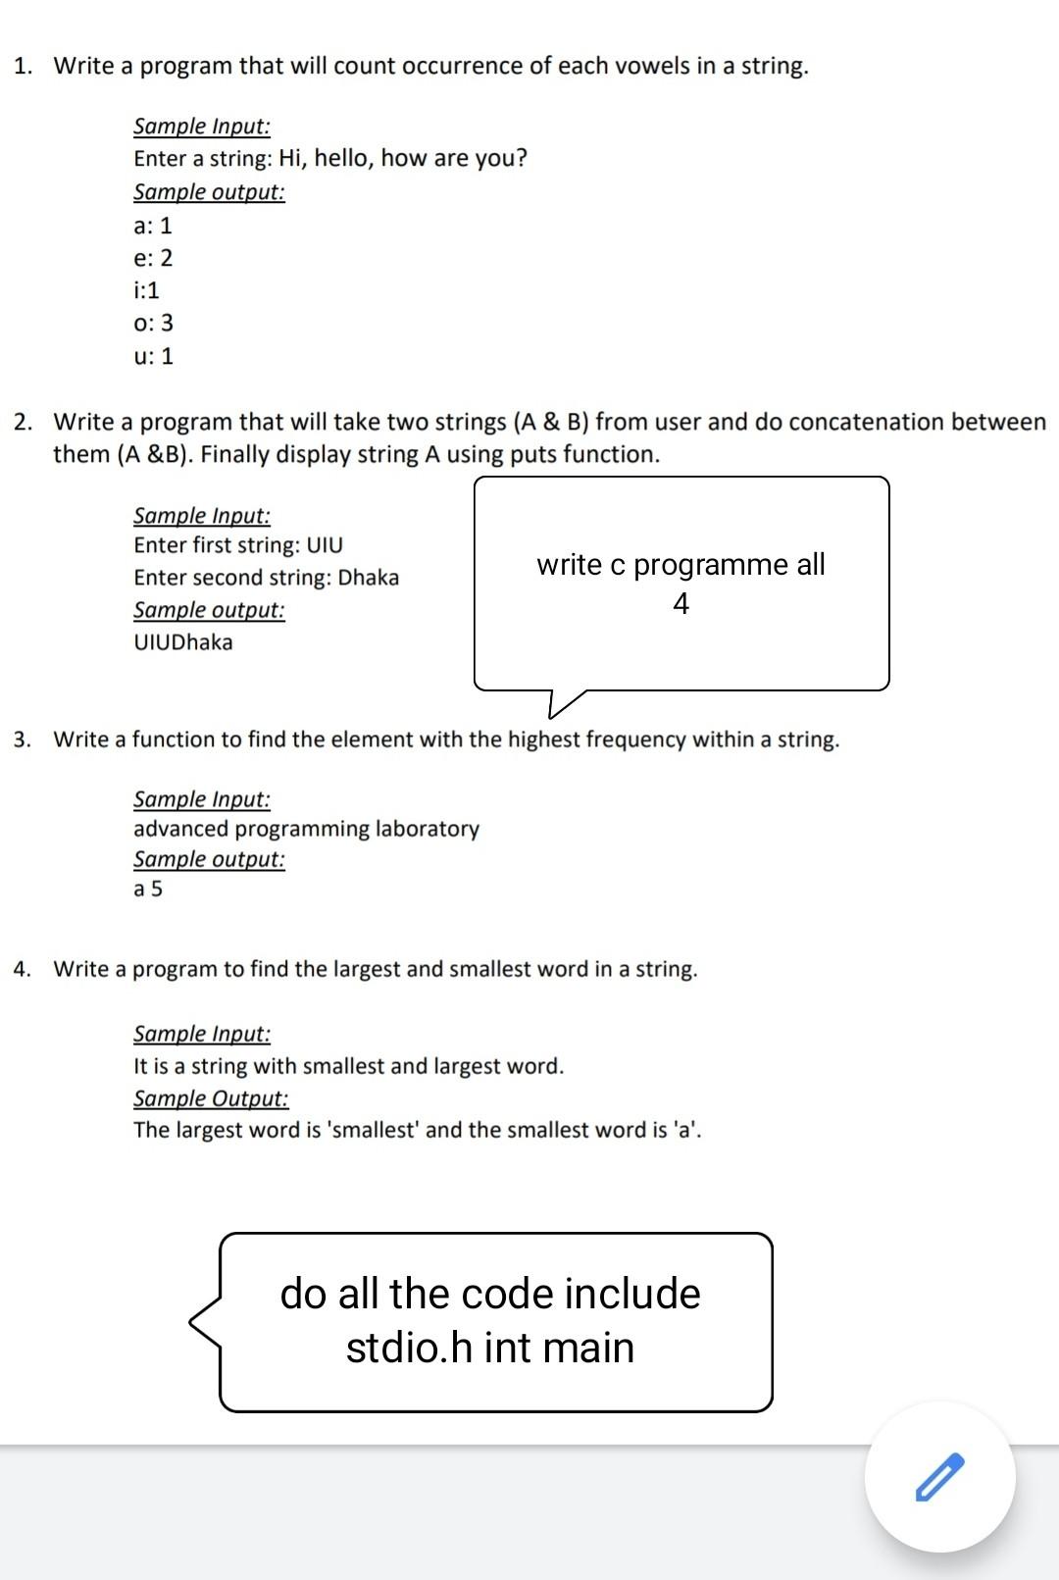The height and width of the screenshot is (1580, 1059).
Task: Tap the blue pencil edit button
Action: pos(939,1477)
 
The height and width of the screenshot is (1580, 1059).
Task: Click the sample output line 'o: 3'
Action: pos(153,323)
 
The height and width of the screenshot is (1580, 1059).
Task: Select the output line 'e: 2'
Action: pos(153,258)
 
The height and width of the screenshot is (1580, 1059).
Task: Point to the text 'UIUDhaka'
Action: pos(183,642)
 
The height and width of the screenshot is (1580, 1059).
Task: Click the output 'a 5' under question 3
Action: pos(148,890)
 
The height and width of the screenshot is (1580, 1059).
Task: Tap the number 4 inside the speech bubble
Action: pos(681,603)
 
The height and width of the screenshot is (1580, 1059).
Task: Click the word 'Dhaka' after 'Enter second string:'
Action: pos(369,577)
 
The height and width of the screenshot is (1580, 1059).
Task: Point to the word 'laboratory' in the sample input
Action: pos(428,829)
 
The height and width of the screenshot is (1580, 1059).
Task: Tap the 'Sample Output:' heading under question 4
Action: pos(211,1098)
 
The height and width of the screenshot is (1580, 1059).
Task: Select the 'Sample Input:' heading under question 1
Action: pos(202,127)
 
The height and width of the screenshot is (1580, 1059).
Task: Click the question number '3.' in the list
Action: pos(23,739)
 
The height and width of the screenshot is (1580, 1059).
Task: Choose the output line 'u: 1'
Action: pos(153,356)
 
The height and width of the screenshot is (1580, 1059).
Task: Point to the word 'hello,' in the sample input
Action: pos(343,158)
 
